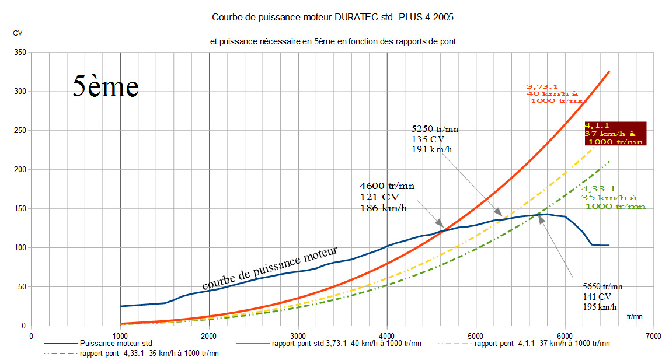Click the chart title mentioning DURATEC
(x=333, y=18)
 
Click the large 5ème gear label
(x=106, y=86)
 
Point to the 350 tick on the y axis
(x=20, y=53)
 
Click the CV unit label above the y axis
(x=18, y=33)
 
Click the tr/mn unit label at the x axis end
(x=635, y=317)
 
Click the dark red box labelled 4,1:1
(x=615, y=134)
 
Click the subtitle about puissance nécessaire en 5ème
(x=333, y=41)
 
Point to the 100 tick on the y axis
(x=20, y=247)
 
